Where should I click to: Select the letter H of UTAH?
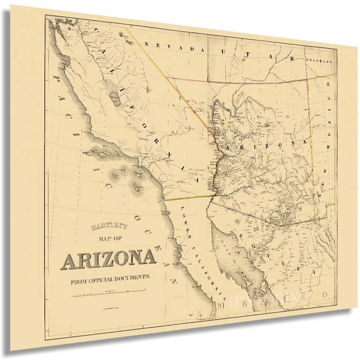(x=292, y=59)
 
